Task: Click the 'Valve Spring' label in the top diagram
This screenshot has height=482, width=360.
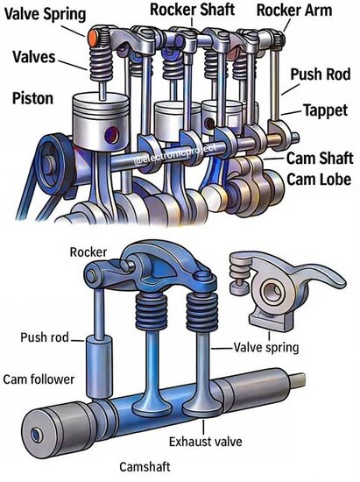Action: pos(46,14)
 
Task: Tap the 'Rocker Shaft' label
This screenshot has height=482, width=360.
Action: pos(193,10)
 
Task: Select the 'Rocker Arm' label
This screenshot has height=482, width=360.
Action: pos(294,11)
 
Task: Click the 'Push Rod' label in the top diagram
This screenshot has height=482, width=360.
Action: pos(320,74)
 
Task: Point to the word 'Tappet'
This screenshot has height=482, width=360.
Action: pos(325,110)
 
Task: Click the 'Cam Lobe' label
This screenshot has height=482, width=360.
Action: pos(319,179)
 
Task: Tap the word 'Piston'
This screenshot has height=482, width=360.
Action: pos(32,99)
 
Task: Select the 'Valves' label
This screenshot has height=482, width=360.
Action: pos(34,57)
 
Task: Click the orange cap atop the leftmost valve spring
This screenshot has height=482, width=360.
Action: pos(93,38)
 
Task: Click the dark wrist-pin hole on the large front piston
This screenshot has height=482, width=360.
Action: pos(111,135)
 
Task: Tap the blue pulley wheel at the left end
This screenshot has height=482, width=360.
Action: pos(53,165)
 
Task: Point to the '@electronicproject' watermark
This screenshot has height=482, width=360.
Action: pos(175,153)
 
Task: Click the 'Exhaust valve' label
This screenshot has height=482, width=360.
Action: pos(206,442)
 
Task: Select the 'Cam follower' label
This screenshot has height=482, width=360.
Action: pos(39,379)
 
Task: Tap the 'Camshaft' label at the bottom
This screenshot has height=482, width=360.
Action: pos(145,466)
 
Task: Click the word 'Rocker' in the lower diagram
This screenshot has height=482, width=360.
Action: pos(88,252)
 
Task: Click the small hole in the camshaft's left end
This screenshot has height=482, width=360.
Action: pos(37,435)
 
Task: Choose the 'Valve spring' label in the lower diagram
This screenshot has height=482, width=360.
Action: pos(266,348)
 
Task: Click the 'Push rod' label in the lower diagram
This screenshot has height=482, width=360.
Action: pos(45,337)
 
